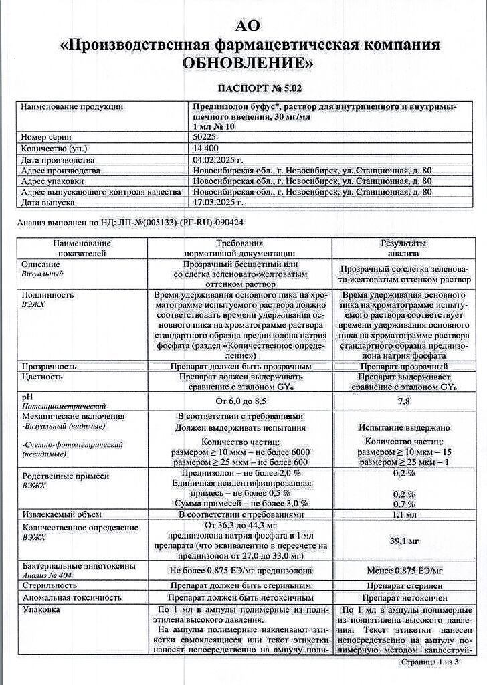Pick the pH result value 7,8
click(x=404, y=401)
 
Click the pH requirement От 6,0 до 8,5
click(x=243, y=401)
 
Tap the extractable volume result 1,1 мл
click(x=404, y=515)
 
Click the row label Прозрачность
click(x=49, y=367)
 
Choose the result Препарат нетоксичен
click(x=404, y=596)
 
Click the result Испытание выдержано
click(x=404, y=427)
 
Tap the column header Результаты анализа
click(x=404, y=249)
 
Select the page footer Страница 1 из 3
click(x=429, y=662)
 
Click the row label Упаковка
click(x=41, y=609)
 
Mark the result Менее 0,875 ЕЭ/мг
click(x=404, y=571)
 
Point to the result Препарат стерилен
click(x=404, y=584)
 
